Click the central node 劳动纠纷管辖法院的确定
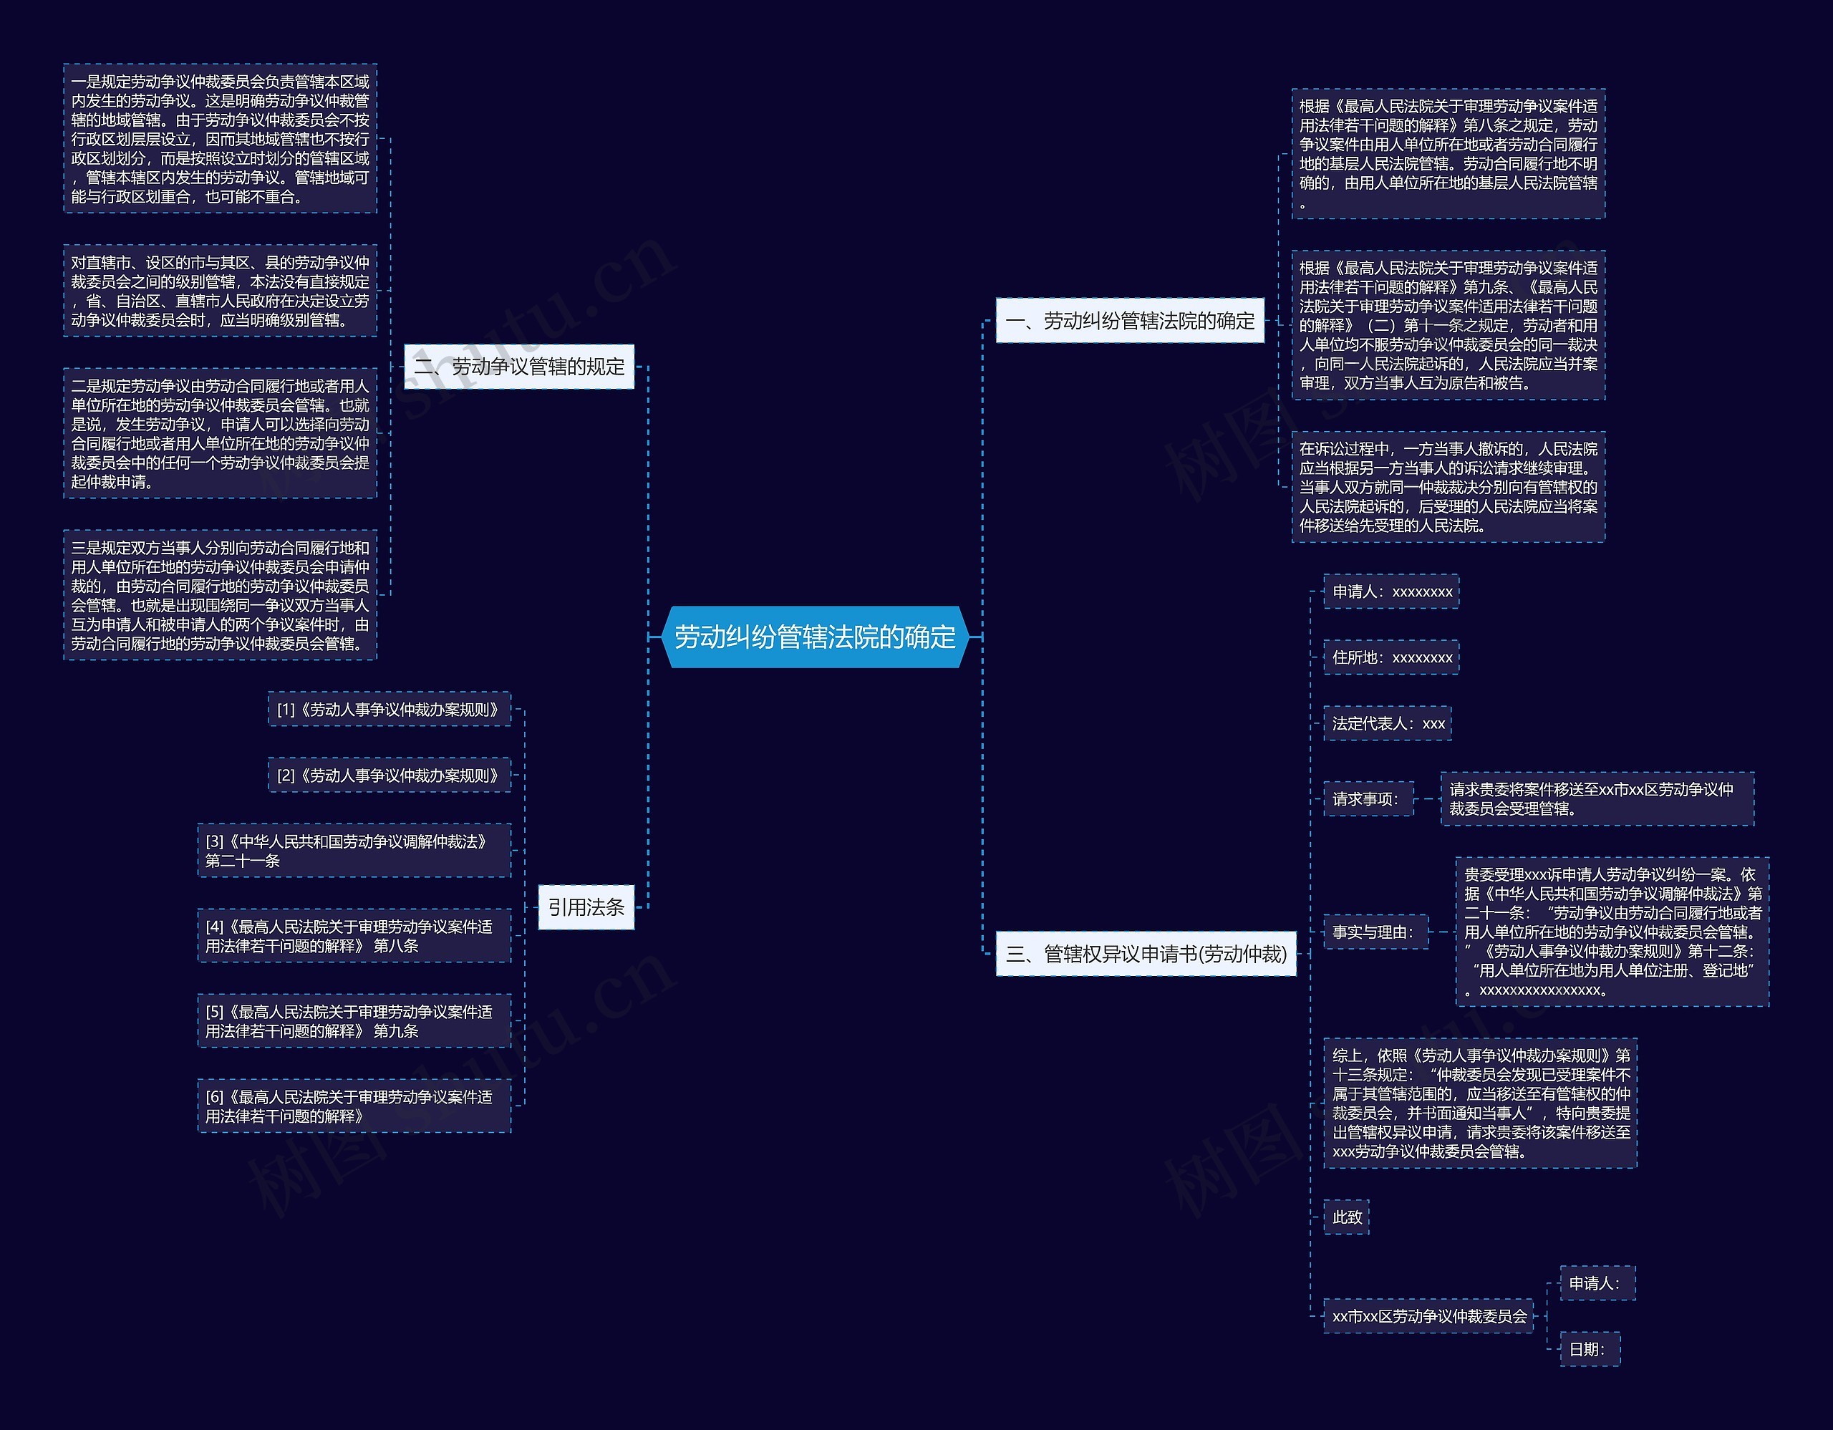pos(814,637)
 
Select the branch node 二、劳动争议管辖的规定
pos(518,367)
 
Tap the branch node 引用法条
pos(586,907)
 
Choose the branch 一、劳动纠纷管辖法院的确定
pos(1130,321)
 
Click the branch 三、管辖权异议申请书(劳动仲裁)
pos(1146,955)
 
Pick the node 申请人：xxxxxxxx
pos(1391,591)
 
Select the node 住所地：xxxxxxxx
pos(1391,658)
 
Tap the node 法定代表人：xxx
pos(1388,723)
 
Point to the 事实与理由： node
pos(1375,932)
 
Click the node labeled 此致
pos(1346,1217)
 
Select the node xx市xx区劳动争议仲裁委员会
pos(1429,1317)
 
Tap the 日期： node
pos(1590,1349)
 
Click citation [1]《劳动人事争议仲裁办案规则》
pos(390,709)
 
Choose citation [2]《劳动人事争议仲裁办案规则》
pos(390,776)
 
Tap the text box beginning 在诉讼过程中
pos(1448,487)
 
